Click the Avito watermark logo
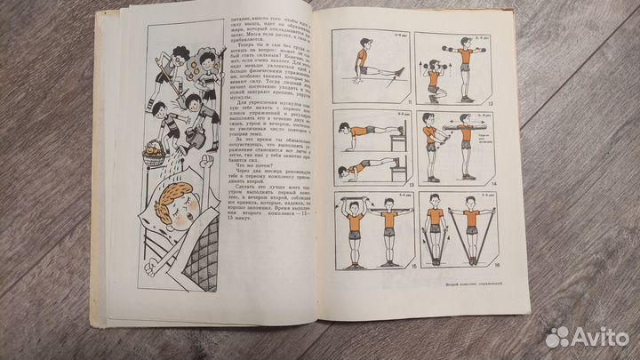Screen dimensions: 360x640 point(587,337)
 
